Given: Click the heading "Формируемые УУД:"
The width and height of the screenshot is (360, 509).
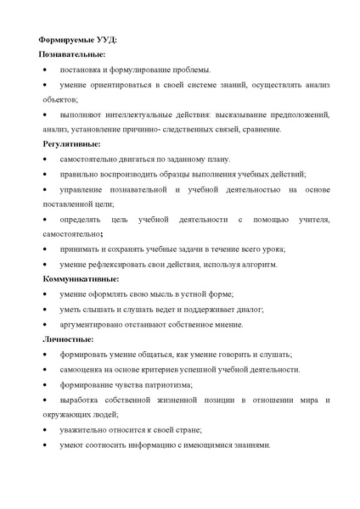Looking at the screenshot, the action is point(78,39).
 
